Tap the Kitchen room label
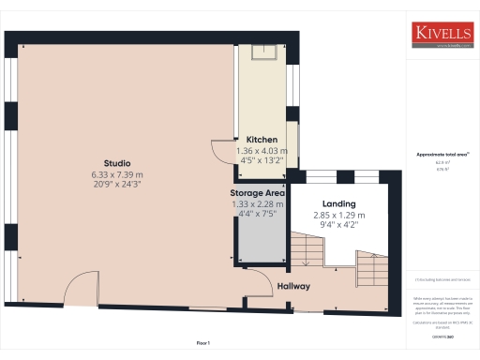(x=262, y=139)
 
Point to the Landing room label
(x=337, y=203)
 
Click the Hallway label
(x=294, y=286)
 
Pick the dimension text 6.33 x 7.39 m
(x=117, y=174)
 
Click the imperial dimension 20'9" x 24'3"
(x=117, y=185)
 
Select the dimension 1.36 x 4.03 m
(x=262, y=150)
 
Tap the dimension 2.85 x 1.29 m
(x=337, y=215)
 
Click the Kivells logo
(x=442, y=34)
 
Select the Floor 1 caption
(x=203, y=344)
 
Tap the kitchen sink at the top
(x=261, y=54)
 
